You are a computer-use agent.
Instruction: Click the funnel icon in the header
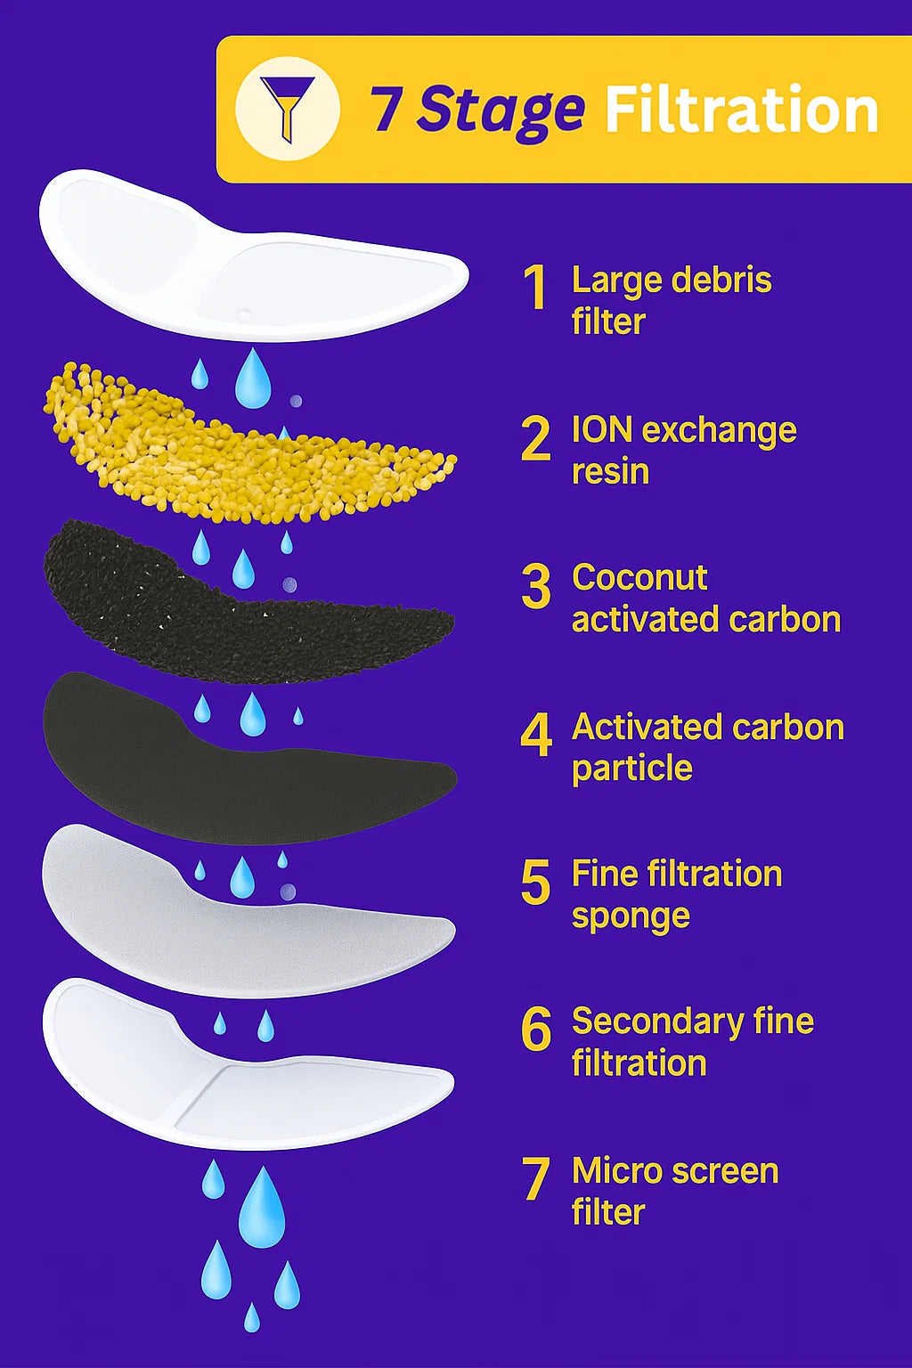pyautogui.click(x=287, y=108)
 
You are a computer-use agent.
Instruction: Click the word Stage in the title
pyautogui.click(x=501, y=110)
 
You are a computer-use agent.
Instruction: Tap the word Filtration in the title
pyautogui.click(x=742, y=110)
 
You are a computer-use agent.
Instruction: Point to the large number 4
pyautogui.click(x=536, y=736)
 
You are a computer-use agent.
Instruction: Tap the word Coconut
pyautogui.click(x=639, y=577)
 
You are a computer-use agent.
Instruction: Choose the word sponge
pyautogui.click(x=631, y=916)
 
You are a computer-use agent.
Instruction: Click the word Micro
pyautogui.click(x=612, y=1170)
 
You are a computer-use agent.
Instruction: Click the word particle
pyautogui.click(x=631, y=768)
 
